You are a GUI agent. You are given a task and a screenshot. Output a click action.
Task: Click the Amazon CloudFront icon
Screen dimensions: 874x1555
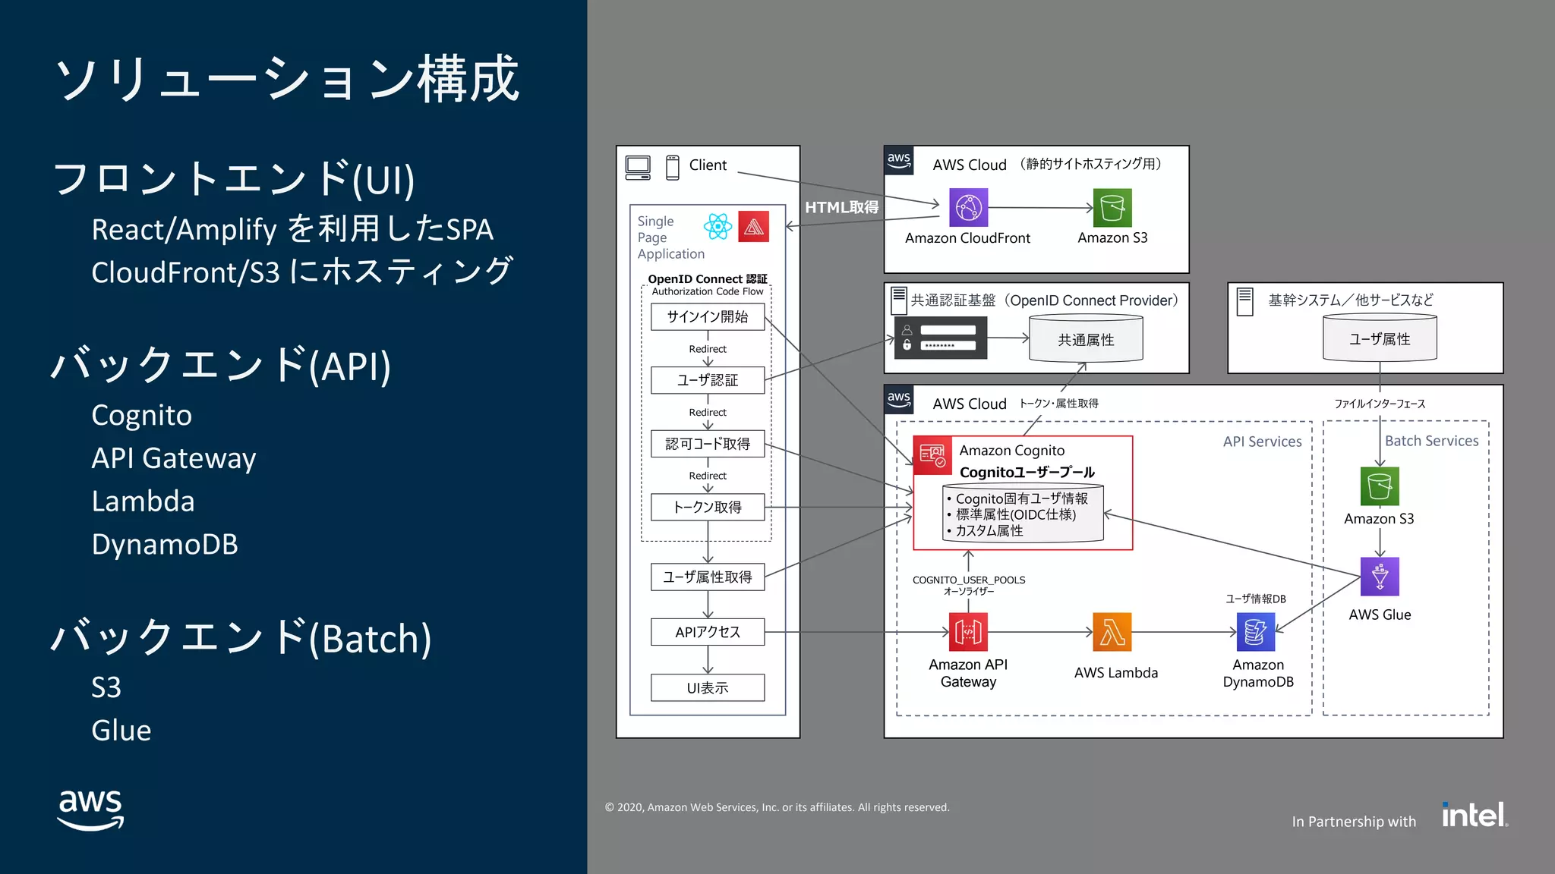click(x=968, y=207)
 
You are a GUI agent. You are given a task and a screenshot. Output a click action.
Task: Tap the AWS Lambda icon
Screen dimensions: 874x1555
click(x=1112, y=632)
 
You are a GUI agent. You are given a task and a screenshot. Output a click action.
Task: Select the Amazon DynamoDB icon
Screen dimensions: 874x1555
click(x=1256, y=632)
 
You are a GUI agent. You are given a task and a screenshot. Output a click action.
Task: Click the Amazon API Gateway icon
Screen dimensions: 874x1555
click(x=968, y=632)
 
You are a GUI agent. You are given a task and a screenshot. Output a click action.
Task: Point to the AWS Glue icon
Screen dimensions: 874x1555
click(x=1380, y=577)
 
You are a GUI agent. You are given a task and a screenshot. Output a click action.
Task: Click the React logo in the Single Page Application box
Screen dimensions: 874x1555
click(x=718, y=226)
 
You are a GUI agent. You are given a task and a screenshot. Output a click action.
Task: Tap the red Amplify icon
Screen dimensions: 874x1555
click(x=753, y=226)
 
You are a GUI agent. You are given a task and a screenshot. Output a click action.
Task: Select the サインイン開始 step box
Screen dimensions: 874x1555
click(x=708, y=316)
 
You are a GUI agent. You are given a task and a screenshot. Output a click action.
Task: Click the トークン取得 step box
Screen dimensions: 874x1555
click(x=708, y=507)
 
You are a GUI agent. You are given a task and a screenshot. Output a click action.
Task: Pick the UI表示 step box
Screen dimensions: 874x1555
click(x=708, y=687)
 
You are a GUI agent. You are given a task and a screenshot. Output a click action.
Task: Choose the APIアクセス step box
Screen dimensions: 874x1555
click(x=708, y=631)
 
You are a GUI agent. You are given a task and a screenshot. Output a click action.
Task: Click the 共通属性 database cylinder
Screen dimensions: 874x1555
click(x=1086, y=340)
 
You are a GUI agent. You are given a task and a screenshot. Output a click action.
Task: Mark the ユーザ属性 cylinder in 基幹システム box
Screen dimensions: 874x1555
click(x=1380, y=339)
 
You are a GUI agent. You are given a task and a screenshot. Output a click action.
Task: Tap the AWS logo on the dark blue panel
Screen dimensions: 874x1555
click(x=91, y=809)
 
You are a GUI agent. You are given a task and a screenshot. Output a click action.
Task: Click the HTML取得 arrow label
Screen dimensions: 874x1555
click(x=841, y=207)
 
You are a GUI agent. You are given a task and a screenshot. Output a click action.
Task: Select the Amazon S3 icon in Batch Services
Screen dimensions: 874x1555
click(x=1380, y=486)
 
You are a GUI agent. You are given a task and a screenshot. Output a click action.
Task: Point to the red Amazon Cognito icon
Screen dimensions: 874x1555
click(x=932, y=454)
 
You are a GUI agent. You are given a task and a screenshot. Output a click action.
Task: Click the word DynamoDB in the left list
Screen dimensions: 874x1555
click(x=165, y=544)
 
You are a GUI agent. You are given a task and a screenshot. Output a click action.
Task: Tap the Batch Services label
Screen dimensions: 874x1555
click(x=1431, y=441)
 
